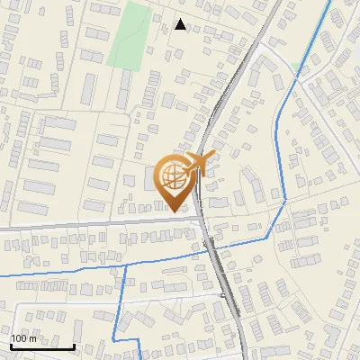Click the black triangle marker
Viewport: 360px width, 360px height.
pyautogui.click(x=181, y=24)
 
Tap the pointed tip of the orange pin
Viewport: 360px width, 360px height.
pyautogui.click(x=175, y=211)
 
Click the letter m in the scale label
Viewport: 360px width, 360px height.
pyautogui.click(x=34, y=338)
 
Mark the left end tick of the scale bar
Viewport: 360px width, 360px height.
pyautogui.click(x=11, y=346)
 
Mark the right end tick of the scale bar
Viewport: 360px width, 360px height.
pyautogui.click(x=74, y=346)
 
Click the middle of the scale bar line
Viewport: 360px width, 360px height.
pyautogui.click(x=42, y=346)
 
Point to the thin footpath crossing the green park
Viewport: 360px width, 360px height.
pyautogui.click(x=133, y=40)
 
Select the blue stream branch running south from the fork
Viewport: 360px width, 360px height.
pyautogui.click(x=121, y=306)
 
